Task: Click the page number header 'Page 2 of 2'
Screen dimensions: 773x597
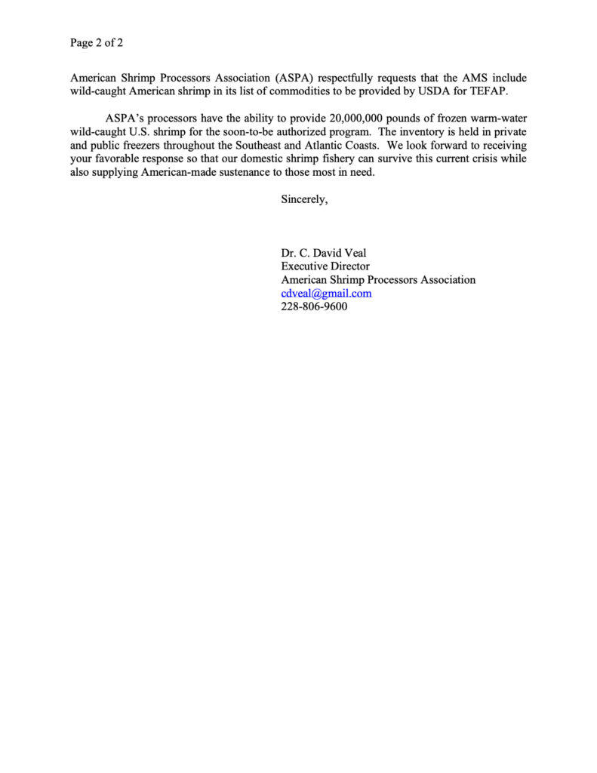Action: click(97, 43)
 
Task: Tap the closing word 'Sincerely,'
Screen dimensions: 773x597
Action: click(304, 200)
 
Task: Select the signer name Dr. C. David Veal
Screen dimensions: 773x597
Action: click(324, 253)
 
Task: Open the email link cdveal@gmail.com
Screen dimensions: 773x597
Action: click(326, 294)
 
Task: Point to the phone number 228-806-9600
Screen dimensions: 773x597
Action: click(314, 307)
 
